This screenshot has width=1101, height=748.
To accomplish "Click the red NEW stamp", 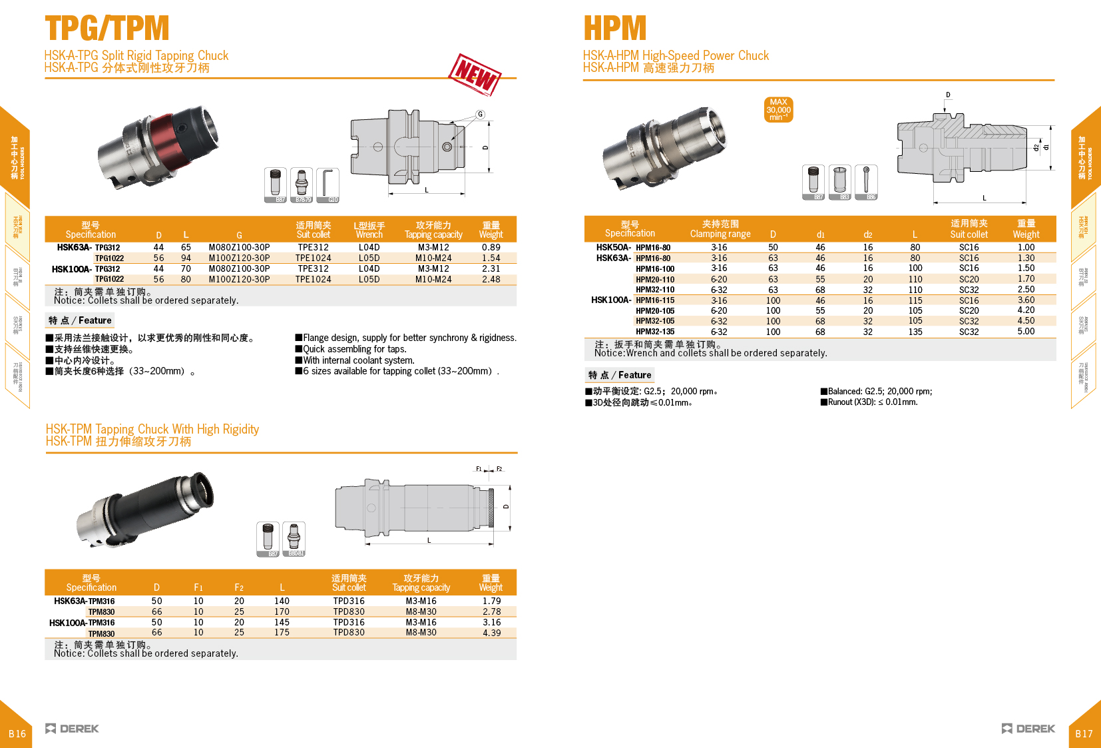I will (x=475, y=74).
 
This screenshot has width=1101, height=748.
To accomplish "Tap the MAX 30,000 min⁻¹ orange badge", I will (x=778, y=110).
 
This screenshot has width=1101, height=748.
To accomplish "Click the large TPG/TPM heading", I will (x=107, y=29).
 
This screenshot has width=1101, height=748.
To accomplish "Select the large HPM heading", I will (x=614, y=29).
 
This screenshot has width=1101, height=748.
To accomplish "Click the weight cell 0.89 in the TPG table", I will (x=491, y=247).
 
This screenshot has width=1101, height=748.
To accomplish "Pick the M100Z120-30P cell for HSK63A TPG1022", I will (x=239, y=258).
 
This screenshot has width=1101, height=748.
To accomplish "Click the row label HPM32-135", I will (x=654, y=331).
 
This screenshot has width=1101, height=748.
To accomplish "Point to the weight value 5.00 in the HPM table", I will (x=1025, y=331).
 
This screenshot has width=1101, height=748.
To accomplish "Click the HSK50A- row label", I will (x=613, y=247).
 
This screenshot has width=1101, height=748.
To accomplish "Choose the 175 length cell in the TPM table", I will (x=282, y=633).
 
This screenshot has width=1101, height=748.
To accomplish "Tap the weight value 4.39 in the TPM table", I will (x=491, y=633).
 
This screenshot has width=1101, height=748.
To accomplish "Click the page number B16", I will (x=17, y=733).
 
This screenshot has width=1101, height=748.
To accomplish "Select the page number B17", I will (x=1084, y=733).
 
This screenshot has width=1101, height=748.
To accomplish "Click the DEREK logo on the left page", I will (x=72, y=728).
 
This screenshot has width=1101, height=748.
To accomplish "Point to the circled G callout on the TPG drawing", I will (x=480, y=115).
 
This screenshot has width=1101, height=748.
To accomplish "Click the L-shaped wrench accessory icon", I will (x=328, y=184).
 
